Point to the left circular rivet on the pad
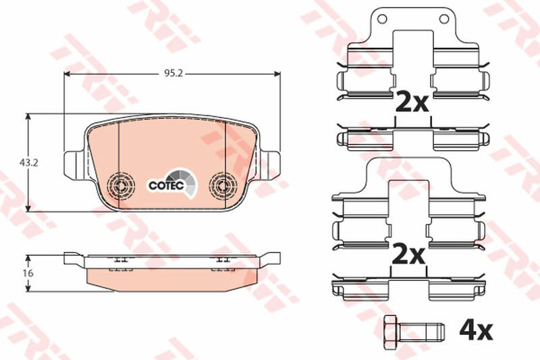pyautogui.click(x=121, y=186)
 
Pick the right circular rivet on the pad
pyautogui.click(x=223, y=186)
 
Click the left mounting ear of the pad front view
pyautogui.click(x=74, y=165)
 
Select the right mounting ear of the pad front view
pyautogui.click(x=271, y=165)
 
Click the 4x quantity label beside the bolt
pyautogui.click(x=476, y=330)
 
